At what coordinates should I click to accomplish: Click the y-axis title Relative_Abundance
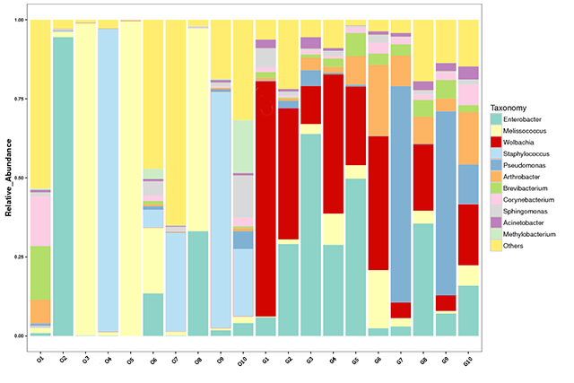[x=8, y=178]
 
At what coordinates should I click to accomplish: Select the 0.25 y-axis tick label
[x=19, y=257]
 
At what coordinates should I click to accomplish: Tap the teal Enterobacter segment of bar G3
[x=311, y=233]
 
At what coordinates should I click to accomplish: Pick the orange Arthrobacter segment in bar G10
[x=469, y=138]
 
